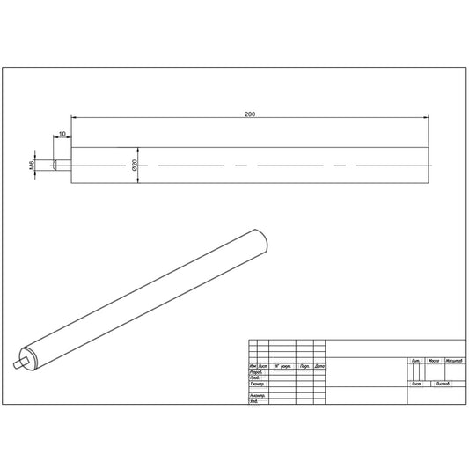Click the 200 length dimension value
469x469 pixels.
click(252, 113)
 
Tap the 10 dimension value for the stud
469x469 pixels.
click(62, 134)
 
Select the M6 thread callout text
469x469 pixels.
click(30, 164)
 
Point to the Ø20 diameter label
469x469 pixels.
click(134, 165)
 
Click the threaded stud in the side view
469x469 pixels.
click(60, 165)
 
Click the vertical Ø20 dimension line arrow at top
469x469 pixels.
click(140, 149)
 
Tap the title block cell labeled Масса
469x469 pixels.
click(433, 361)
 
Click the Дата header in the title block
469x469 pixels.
click(319, 365)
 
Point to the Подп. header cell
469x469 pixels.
click(304, 365)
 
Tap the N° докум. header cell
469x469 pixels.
click(282, 365)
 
